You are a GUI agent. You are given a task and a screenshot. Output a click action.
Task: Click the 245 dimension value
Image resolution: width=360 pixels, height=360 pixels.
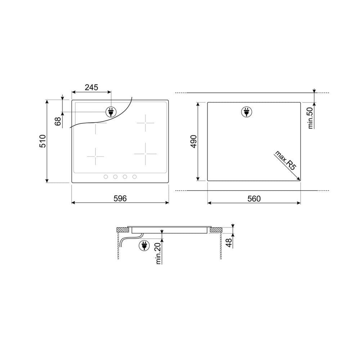(x=91, y=87)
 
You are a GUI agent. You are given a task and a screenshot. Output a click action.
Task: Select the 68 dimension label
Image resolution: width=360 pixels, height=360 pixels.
(x=58, y=121)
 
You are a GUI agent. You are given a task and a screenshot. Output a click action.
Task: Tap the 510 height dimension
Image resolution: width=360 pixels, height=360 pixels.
(x=43, y=141)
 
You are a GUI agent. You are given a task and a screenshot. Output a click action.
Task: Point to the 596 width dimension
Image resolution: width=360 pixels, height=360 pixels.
(x=120, y=198)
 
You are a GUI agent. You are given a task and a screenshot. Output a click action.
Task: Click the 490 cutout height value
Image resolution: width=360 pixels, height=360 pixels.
(x=194, y=141)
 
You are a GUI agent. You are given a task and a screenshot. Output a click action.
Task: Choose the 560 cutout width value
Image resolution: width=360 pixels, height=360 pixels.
(x=254, y=199)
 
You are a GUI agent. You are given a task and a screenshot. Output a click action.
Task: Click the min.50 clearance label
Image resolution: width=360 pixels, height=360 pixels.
(x=310, y=118)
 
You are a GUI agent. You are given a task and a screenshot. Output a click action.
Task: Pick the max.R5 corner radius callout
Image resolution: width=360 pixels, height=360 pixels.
(x=285, y=161)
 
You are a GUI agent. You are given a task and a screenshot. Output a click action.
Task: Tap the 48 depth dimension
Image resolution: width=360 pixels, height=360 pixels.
(x=229, y=243)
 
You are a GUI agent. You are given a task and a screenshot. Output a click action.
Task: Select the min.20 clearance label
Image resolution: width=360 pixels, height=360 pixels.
(x=158, y=253)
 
